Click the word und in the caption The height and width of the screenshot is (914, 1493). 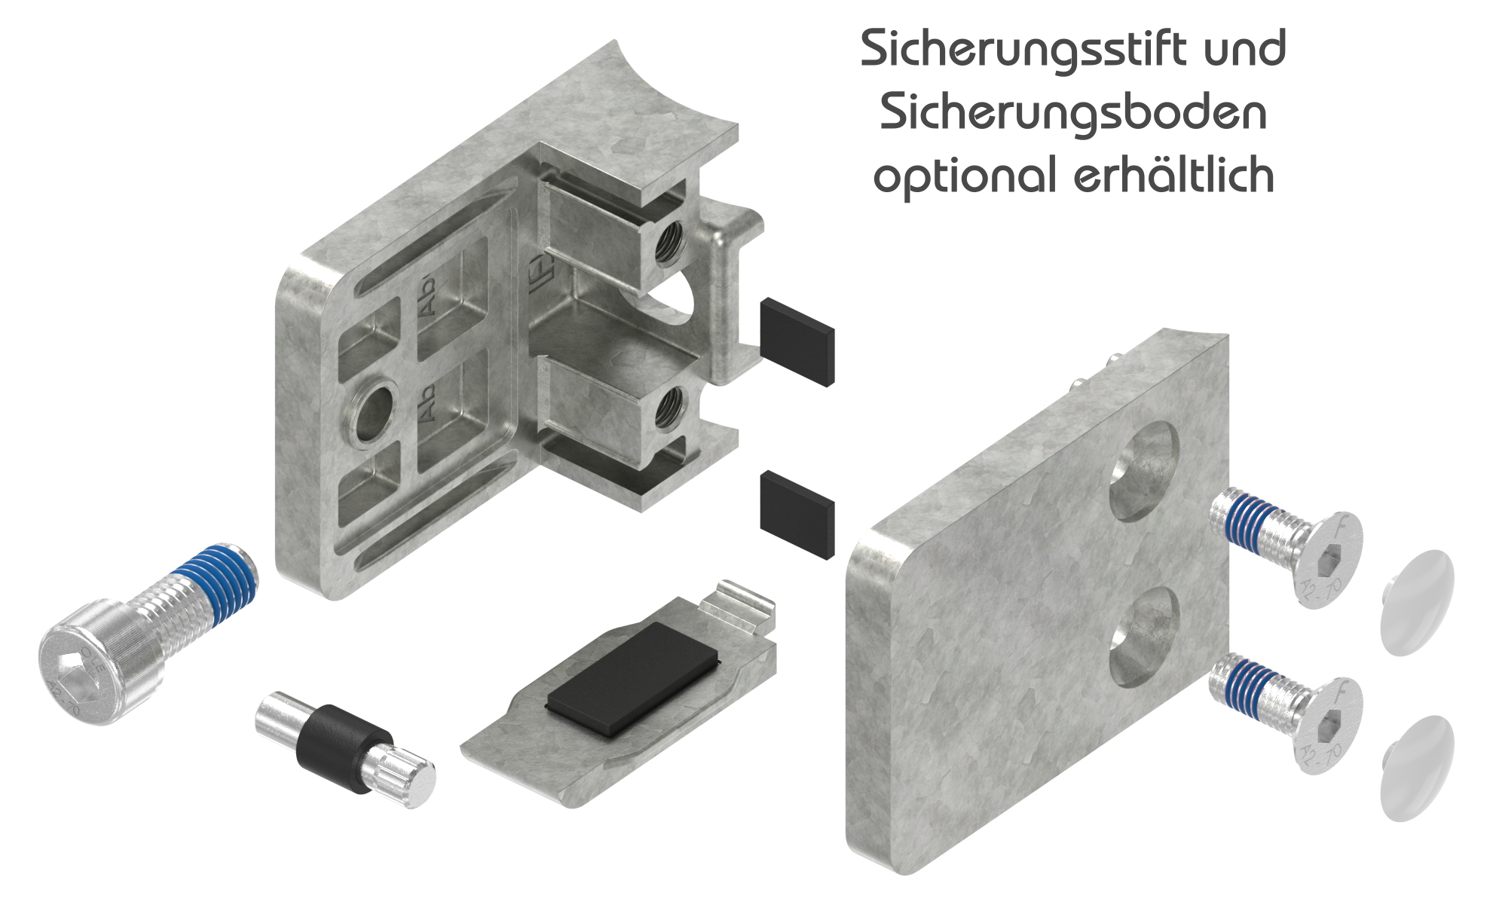[x=1244, y=50]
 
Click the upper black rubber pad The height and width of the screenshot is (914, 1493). [x=797, y=341]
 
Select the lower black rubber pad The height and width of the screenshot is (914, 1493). [x=797, y=514]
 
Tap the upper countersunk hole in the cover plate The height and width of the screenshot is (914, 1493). [x=1145, y=472]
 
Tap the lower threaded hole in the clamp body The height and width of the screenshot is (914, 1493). [x=668, y=410]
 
